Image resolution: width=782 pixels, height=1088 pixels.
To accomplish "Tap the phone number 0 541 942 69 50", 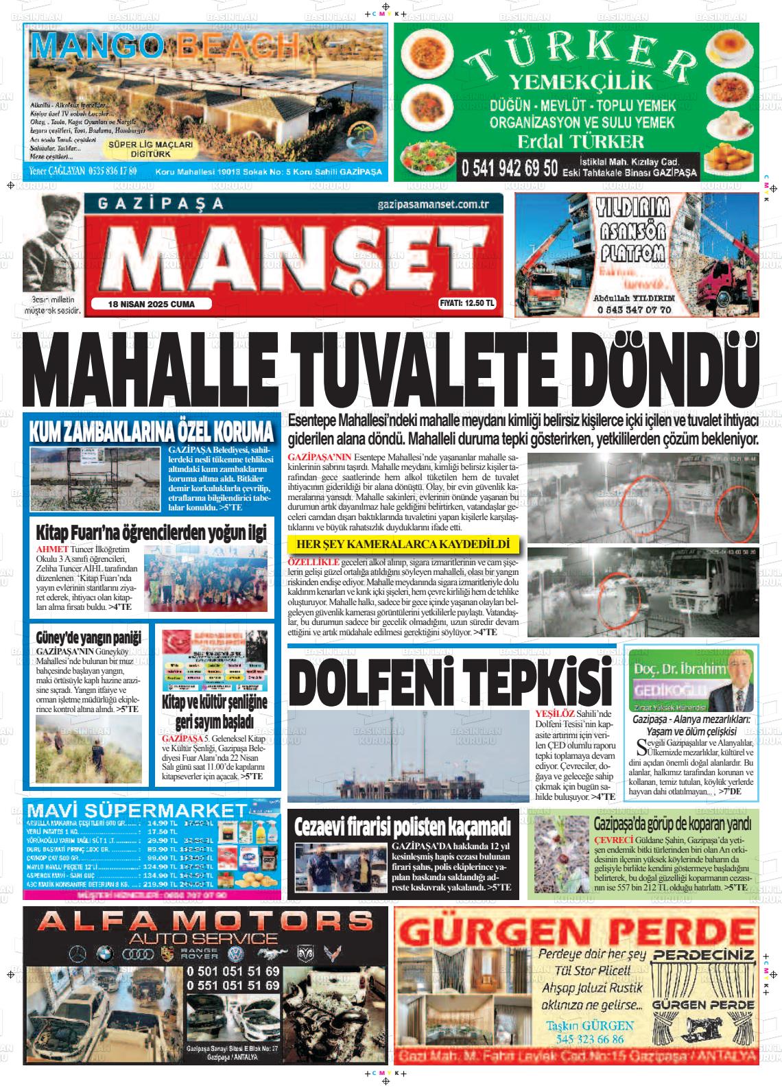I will tap(509, 168).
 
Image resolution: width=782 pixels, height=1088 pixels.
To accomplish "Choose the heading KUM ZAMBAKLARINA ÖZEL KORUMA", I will tap(152, 432).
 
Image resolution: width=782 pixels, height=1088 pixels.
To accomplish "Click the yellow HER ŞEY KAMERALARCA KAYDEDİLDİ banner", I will tap(403, 545).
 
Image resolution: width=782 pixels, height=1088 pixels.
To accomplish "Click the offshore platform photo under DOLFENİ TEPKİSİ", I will tap(408, 756).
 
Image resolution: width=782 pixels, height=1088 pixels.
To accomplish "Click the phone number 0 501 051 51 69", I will tap(233, 971).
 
